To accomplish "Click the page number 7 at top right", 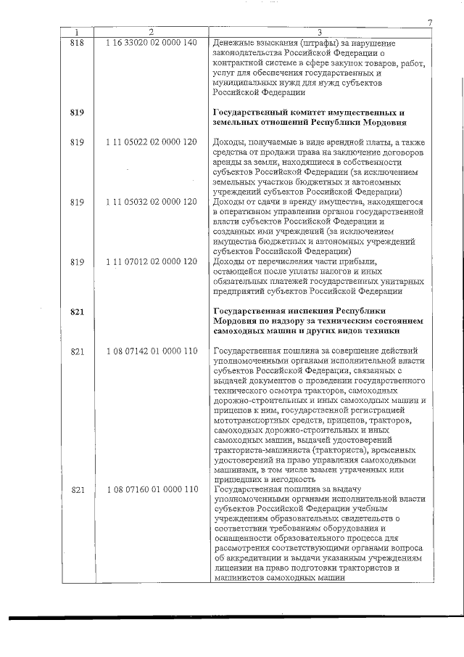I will click(x=430, y=23).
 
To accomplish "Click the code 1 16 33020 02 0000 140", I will click(x=151, y=43).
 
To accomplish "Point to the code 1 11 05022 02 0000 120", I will click(x=151, y=141).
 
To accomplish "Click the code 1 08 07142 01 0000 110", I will click(x=151, y=351).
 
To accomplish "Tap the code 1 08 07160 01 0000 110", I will click(x=151, y=489).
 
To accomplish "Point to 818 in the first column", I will click(x=78, y=43).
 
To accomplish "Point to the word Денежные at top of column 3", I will click(x=236, y=43).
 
